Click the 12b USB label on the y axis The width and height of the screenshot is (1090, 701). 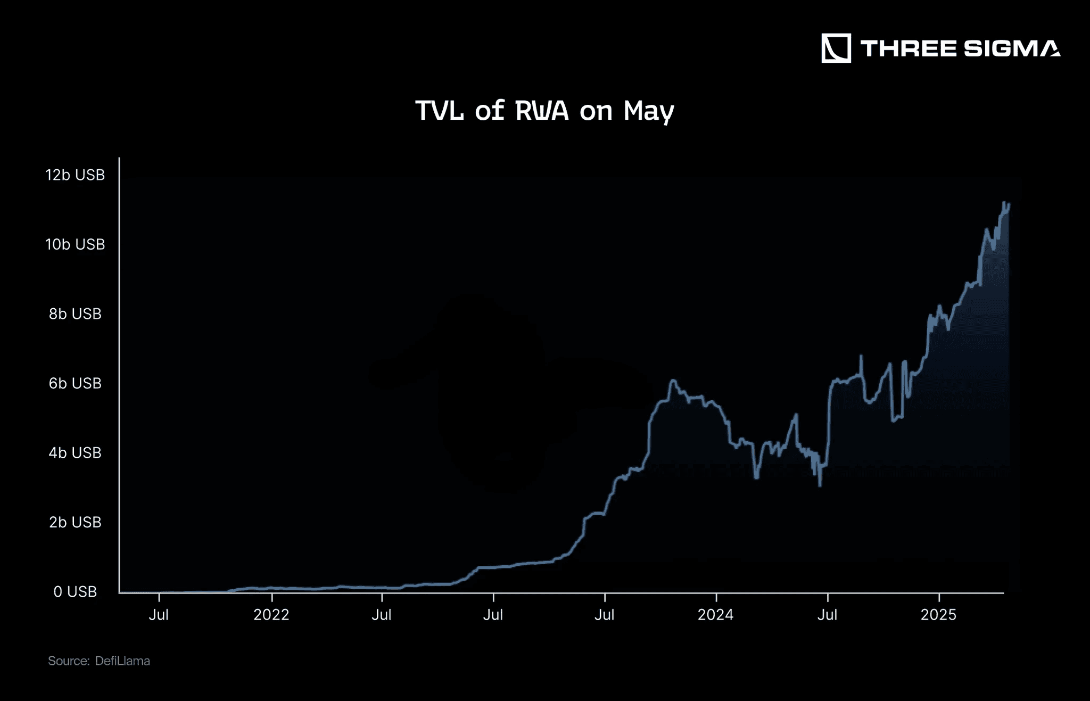pos(75,175)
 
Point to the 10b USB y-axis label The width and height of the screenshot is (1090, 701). pos(75,244)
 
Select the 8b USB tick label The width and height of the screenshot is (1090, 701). pos(75,314)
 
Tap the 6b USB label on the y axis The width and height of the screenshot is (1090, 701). pos(75,383)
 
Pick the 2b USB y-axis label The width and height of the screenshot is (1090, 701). pos(75,522)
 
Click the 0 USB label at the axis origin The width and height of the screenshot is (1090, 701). pos(75,592)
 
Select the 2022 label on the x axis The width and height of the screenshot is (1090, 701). pos(271,615)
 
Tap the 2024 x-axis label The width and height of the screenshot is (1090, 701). pos(715,615)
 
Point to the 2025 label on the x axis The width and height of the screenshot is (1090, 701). pos(938,615)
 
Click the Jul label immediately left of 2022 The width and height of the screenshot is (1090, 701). pos(159,615)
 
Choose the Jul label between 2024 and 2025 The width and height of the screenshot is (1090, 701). pos(827,615)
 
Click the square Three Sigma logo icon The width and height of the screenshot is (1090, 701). pos(836,48)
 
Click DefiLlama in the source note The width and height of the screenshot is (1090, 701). pos(122,661)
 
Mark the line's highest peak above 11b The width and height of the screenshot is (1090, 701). pos(1004,203)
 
